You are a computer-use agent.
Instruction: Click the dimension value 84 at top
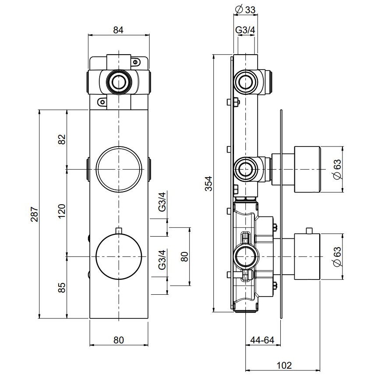119,30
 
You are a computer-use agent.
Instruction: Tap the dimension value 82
62,139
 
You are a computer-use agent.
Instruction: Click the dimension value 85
62,287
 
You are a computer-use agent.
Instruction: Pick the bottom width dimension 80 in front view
119,339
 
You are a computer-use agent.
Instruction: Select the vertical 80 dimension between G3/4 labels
184,256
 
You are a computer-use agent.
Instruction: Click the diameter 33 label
245,8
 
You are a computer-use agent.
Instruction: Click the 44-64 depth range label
262,339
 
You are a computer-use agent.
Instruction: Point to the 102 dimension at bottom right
284,365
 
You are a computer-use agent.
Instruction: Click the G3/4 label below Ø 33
245,30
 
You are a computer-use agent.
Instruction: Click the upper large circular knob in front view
119,168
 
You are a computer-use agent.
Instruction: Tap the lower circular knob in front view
119,256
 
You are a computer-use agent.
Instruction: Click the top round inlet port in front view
118,81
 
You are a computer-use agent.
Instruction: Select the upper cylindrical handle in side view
308,169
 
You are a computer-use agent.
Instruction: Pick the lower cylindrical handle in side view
308,256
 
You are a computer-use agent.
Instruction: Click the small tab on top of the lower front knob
119,230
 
